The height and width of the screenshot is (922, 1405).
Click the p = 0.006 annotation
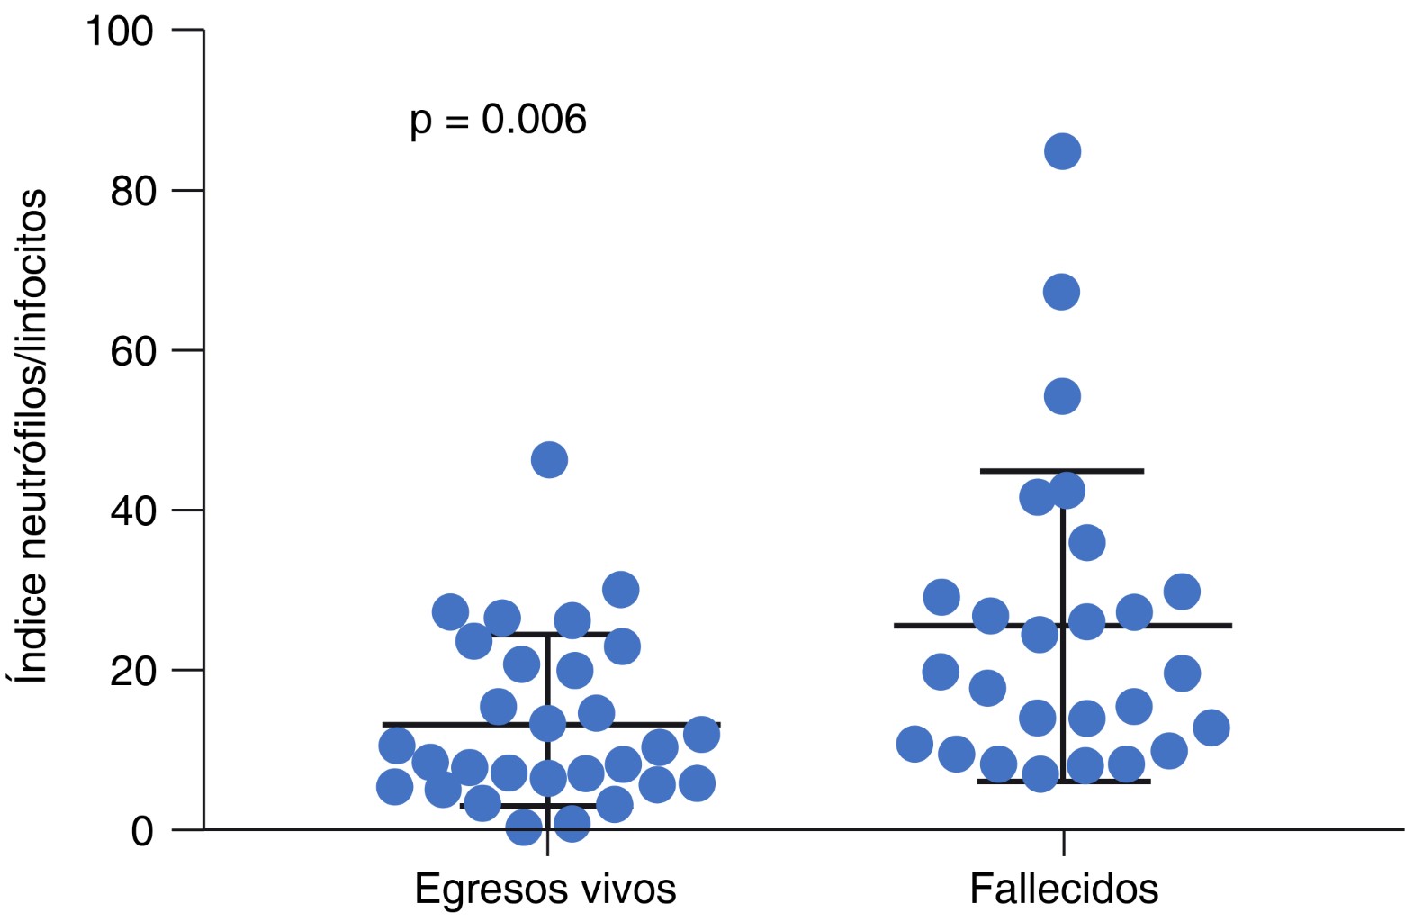498,120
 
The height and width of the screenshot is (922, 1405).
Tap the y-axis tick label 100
120,32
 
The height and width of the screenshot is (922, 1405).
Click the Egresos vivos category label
545,890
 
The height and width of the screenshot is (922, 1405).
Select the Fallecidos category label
1063,890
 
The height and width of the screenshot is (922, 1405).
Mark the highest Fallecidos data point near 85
1062,151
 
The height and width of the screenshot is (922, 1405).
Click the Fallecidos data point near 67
1061,292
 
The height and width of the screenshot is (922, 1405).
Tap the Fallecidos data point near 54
1062,396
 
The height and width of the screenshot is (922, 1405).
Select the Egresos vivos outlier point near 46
549,460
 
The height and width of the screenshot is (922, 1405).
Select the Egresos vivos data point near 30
620,590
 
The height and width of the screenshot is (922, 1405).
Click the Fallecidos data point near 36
1086,543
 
